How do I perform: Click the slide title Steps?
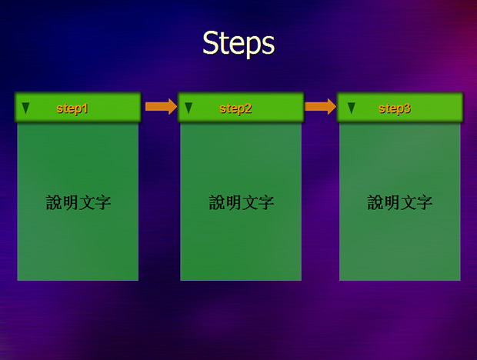click(x=239, y=44)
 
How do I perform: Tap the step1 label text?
click(x=72, y=108)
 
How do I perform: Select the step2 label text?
click(x=235, y=108)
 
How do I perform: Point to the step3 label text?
click(x=395, y=108)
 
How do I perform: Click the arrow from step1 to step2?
click(x=161, y=106)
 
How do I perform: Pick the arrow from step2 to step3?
click(x=320, y=106)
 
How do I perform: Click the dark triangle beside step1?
click(x=25, y=108)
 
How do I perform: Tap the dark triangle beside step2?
click(x=188, y=108)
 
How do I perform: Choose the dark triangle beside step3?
click(x=352, y=108)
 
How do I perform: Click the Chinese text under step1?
click(x=78, y=202)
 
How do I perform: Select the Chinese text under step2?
click(x=242, y=202)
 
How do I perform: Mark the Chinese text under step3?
click(x=400, y=202)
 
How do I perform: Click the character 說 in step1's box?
click(x=54, y=202)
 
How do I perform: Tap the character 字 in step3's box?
click(x=425, y=202)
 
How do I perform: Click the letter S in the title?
click(x=212, y=42)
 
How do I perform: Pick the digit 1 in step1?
click(x=85, y=108)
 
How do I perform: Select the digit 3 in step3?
click(x=407, y=108)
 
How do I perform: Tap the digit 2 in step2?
click(x=248, y=108)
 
